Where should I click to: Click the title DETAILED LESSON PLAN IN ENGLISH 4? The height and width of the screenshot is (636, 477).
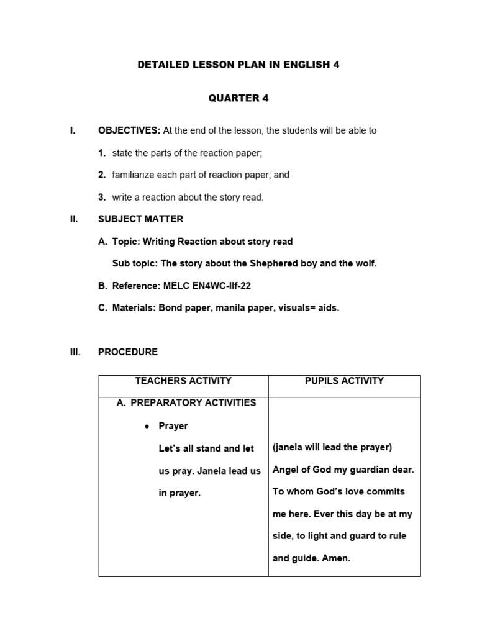coord(238,65)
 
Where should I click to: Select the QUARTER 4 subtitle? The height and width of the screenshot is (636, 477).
coord(238,98)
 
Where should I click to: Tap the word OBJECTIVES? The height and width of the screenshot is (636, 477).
coord(129,130)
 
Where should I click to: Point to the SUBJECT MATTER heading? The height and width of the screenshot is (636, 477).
coord(140,219)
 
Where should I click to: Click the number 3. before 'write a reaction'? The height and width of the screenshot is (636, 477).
coord(102,198)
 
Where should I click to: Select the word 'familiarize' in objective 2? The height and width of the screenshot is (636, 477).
coord(134,175)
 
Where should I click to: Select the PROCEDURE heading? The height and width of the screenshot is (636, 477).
coord(128,352)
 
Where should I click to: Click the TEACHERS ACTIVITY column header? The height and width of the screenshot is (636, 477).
coord(183,381)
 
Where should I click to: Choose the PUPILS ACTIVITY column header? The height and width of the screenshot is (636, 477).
coord(344,381)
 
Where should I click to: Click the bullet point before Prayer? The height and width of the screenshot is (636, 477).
coord(147,427)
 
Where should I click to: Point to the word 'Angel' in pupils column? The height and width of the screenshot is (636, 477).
coord(286,470)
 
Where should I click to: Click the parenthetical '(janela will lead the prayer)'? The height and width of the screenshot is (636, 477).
coord(332,448)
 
